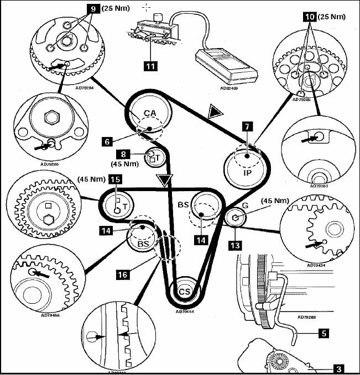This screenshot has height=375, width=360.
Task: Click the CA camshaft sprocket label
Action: (149, 113)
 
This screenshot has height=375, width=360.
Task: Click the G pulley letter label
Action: (245, 205)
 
